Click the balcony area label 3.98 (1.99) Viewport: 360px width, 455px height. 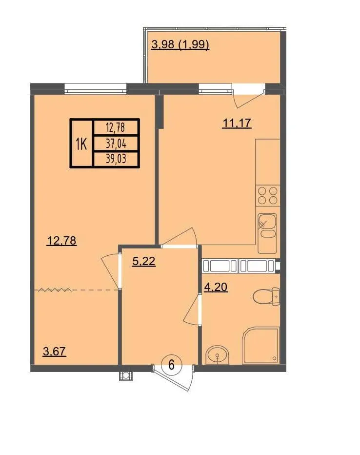(x=180, y=45)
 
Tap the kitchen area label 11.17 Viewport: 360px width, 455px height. (x=237, y=124)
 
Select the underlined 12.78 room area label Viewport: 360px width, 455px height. (x=62, y=241)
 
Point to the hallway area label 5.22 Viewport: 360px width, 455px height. (x=144, y=261)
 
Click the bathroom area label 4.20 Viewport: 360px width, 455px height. (x=216, y=287)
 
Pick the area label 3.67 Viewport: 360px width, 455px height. (x=55, y=352)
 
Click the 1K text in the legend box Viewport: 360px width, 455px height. (x=81, y=144)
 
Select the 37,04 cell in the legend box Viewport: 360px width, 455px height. (x=116, y=143)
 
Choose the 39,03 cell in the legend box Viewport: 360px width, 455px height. (x=116, y=159)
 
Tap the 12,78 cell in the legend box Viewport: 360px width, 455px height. (x=116, y=127)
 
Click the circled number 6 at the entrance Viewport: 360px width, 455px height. (x=171, y=365)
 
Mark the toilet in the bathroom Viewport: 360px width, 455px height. (x=266, y=297)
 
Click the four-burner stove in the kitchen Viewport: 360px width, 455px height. (x=267, y=196)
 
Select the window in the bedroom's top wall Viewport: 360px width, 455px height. (x=95, y=88)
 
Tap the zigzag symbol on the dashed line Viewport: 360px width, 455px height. (x=55, y=290)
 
